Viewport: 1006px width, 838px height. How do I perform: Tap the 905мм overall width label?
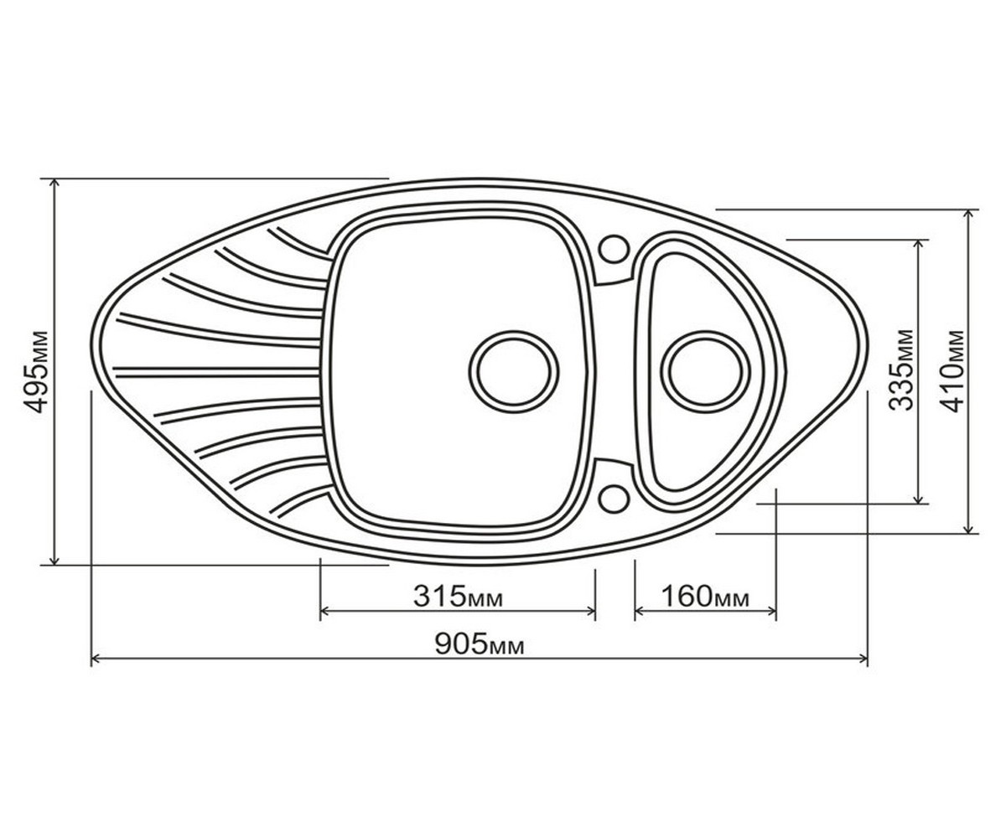tap(479, 644)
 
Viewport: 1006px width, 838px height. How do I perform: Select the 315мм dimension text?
tap(458, 596)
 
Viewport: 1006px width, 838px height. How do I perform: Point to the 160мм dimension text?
tap(705, 596)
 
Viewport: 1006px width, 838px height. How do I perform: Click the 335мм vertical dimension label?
tap(901, 370)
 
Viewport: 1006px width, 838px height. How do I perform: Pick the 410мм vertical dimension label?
tap(952, 371)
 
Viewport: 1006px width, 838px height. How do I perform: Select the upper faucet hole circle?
tap(614, 249)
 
